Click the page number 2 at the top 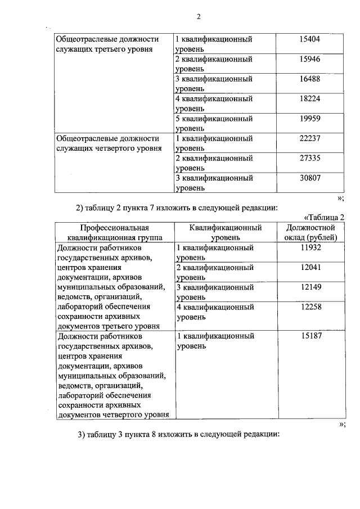[199, 16]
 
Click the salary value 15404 [310, 39]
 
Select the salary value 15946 [310, 59]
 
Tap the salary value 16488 [310, 79]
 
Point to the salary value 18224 [310, 99]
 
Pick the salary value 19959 [310, 119]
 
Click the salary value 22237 [310, 138]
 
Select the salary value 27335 [310, 159]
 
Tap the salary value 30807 [310, 178]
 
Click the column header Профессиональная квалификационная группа [113, 233]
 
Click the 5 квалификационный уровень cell [214, 123]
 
